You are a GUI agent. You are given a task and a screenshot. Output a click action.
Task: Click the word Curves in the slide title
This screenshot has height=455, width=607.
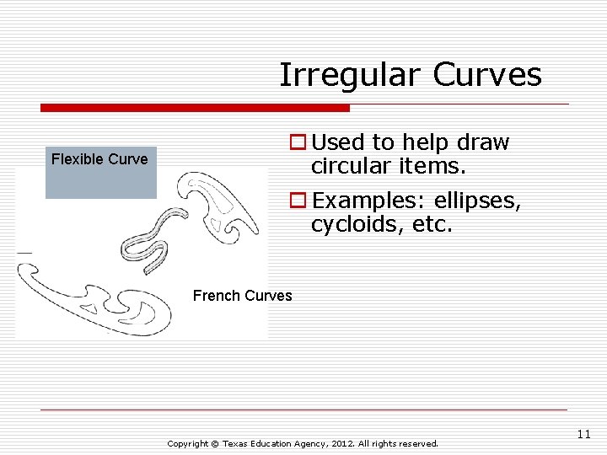[487, 75]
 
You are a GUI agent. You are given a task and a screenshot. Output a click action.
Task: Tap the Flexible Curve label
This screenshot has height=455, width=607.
[99, 158]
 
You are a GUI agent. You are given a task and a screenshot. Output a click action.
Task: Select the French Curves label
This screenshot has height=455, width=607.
[242, 296]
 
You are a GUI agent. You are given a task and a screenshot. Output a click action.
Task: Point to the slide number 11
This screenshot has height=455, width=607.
[583, 434]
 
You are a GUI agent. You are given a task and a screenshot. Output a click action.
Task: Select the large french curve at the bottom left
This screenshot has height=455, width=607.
[93, 303]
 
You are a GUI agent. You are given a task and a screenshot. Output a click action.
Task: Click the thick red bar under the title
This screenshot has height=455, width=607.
[195, 108]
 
